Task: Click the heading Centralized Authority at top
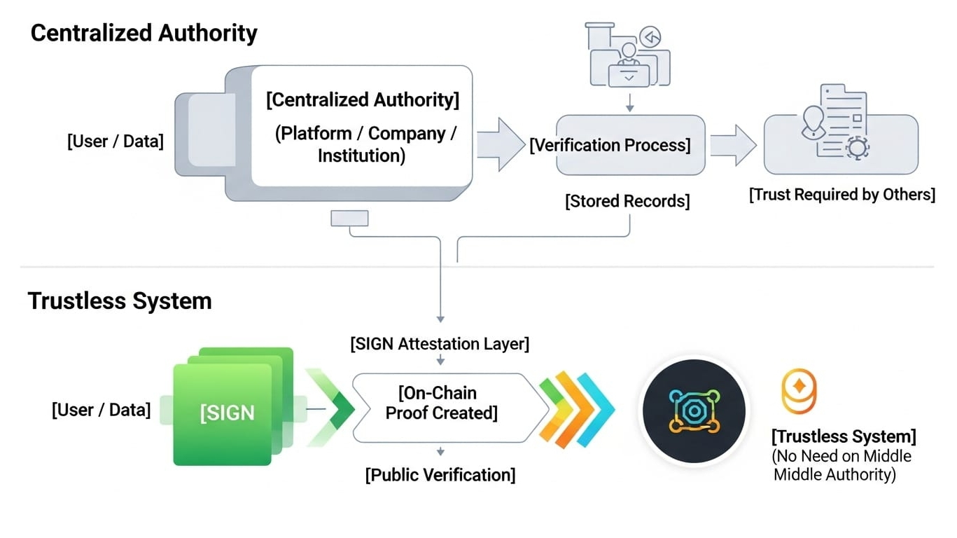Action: point(144,33)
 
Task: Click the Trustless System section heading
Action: point(120,301)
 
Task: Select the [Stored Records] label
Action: point(627,202)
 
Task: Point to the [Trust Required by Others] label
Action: point(841,195)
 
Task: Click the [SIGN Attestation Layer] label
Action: point(440,344)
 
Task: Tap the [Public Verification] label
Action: point(440,475)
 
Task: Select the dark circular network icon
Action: point(693,410)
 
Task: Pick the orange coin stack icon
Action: point(799,390)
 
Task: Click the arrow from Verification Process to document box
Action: point(734,145)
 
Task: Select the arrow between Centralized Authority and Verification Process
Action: point(500,144)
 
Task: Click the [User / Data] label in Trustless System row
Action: point(101,410)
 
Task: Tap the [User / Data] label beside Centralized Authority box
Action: point(116,142)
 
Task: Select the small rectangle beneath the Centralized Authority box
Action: point(349,219)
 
